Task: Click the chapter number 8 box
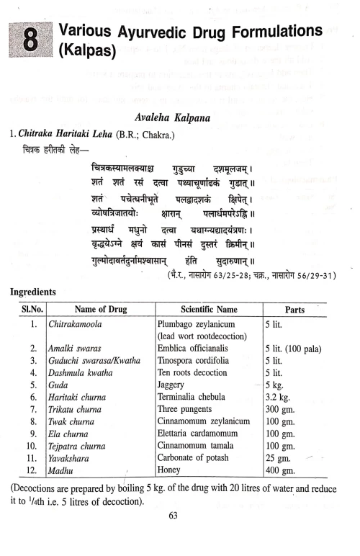tap(30, 41)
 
